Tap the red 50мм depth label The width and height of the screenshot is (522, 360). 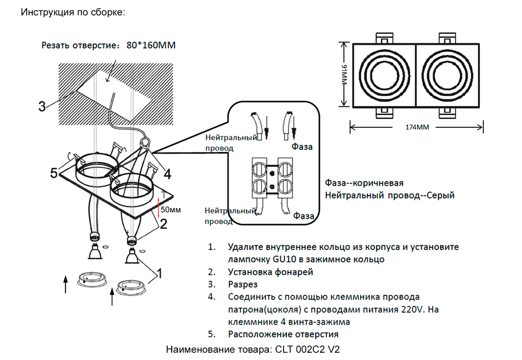point(171,210)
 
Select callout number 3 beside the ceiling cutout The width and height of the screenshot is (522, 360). point(41,107)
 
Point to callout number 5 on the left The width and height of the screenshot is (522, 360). point(54,173)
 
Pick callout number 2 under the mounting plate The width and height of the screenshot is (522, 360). point(163,225)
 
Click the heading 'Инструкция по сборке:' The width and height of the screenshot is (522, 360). point(73,12)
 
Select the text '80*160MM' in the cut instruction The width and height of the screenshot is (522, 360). point(151,45)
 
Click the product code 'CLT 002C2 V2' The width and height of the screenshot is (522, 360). point(307,349)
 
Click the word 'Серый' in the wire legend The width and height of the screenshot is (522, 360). point(441,196)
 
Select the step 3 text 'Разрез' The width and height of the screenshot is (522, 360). point(243,285)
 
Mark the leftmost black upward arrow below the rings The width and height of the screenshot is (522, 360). point(66,285)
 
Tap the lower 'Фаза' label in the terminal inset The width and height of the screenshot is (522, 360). point(303,215)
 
